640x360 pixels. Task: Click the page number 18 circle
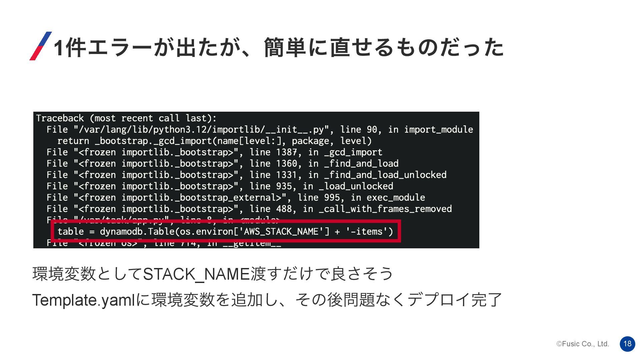(x=627, y=344)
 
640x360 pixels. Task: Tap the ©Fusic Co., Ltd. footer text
(x=583, y=344)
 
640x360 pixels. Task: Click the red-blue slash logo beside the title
(x=41, y=46)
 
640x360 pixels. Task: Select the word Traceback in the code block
(x=60, y=118)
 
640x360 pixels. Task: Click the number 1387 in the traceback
(x=287, y=152)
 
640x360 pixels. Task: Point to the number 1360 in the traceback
(x=287, y=164)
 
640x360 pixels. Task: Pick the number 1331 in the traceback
(x=287, y=175)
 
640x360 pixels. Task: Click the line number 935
(x=284, y=186)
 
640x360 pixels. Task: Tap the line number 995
(x=332, y=198)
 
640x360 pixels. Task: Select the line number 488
(x=284, y=209)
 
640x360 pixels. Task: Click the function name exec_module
(x=396, y=198)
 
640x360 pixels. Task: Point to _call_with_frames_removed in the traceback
(x=385, y=209)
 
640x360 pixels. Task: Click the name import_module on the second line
(x=438, y=130)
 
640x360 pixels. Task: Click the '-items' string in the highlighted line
(x=367, y=231)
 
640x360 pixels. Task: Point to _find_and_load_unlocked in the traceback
(x=385, y=175)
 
